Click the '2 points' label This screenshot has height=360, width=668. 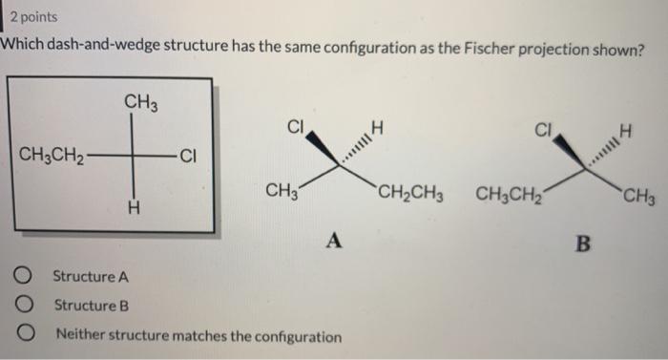pos(31,17)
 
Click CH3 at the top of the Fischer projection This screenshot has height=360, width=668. pos(139,101)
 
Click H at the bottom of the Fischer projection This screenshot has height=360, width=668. pos(134,205)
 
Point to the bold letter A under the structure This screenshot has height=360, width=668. pos(335,239)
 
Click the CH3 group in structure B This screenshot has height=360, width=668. pos(637,199)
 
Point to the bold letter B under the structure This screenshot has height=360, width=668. pos(584,244)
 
